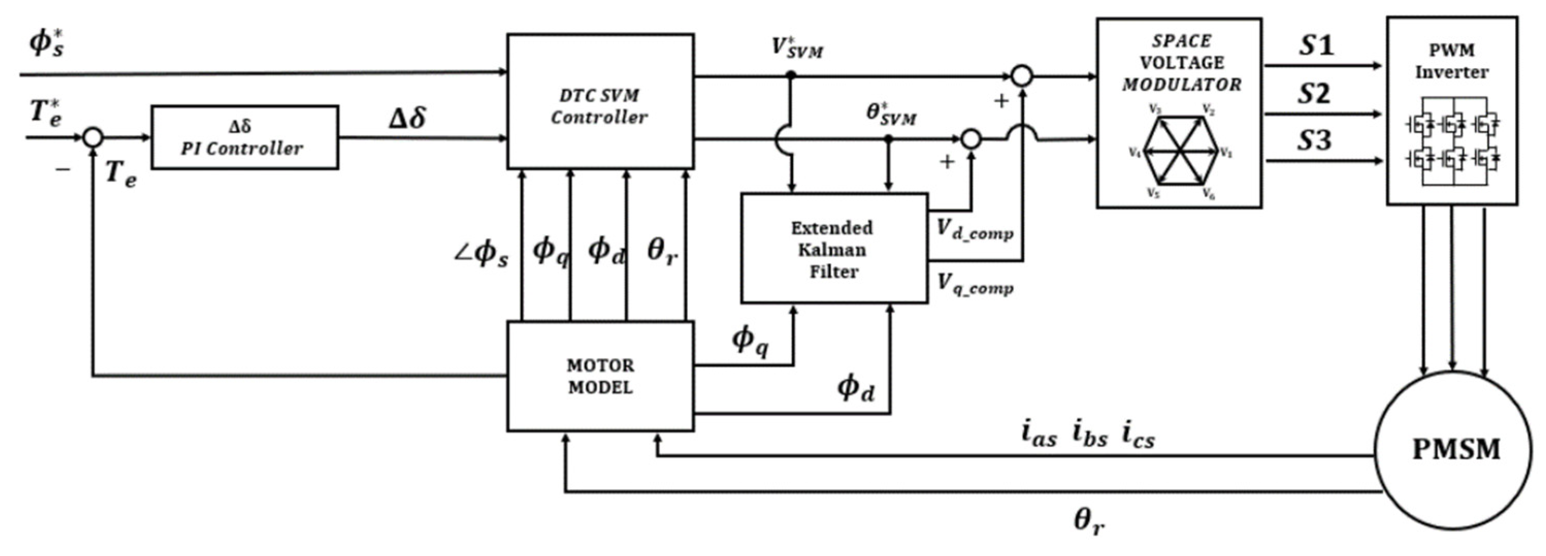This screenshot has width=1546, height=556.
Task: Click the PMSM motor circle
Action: click(1452, 450)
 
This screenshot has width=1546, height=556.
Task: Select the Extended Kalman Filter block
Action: click(834, 249)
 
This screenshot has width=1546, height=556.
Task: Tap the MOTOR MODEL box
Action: click(600, 377)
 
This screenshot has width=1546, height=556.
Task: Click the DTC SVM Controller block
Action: click(600, 102)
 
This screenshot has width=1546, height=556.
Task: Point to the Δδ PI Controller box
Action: click(244, 138)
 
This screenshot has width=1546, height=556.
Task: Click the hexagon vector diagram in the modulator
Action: click(1180, 150)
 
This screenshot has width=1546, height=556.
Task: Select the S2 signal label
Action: click(1314, 94)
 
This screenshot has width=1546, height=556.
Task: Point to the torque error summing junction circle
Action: click(92, 138)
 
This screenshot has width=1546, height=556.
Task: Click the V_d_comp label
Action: click(975, 230)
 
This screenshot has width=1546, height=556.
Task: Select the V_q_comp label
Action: click(975, 285)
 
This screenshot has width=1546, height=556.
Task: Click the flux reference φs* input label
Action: click(47, 43)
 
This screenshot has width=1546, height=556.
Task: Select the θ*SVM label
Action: click(891, 114)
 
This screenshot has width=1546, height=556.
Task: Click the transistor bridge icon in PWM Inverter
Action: click(1451, 142)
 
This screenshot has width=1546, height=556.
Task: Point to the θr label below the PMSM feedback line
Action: click(1089, 521)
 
